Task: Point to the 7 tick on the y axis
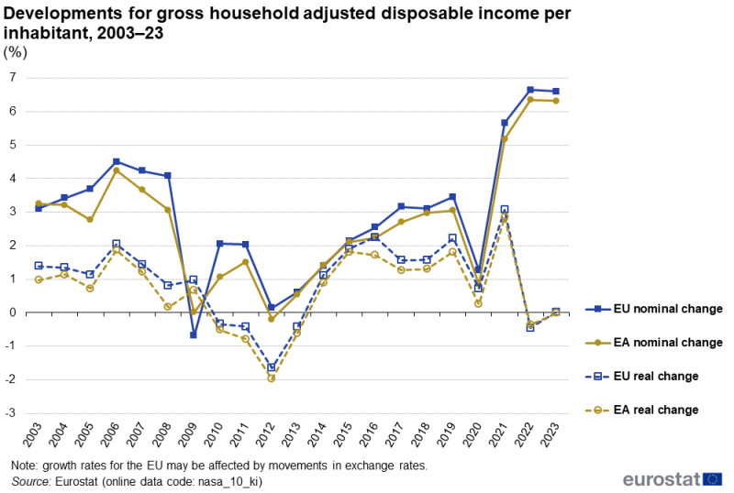pyautogui.click(x=13, y=78)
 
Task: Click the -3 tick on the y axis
pyautogui.click(x=11, y=413)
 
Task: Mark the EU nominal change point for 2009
pyautogui.click(x=194, y=335)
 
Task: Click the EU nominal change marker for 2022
pyautogui.click(x=530, y=90)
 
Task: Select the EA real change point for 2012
pyautogui.click(x=272, y=378)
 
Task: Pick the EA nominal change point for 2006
pyautogui.click(x=116, y=170)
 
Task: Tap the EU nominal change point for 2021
pyautogui.click(x=505, y=123)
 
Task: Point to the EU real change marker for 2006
pyautogui.click(x=116, y=244)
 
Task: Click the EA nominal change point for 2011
pyautogui.click(x=246, y=262)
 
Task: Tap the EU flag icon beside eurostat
pyautogui.click(x=712, y=479)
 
